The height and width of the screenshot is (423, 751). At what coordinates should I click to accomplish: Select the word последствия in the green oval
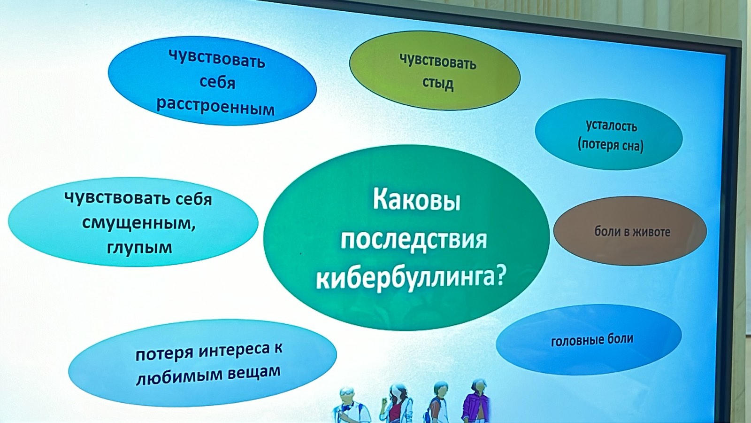point(414,242)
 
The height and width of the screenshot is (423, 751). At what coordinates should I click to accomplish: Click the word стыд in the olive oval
point(437,83)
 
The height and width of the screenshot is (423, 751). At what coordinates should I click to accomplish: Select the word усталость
point(612,126)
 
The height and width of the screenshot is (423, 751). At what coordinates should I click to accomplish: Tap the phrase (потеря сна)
point(611,146)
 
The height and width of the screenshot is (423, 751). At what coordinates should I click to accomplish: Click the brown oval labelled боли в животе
point(630,231)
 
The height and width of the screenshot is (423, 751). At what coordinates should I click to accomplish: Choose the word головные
point(574,341)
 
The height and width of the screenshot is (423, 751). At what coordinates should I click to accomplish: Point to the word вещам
point(254,372)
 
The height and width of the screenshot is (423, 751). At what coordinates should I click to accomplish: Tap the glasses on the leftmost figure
point(346,392)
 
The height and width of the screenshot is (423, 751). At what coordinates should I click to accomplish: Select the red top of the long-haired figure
point(396,412)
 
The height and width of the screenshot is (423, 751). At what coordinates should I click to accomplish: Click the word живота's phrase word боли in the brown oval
point(604,232)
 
